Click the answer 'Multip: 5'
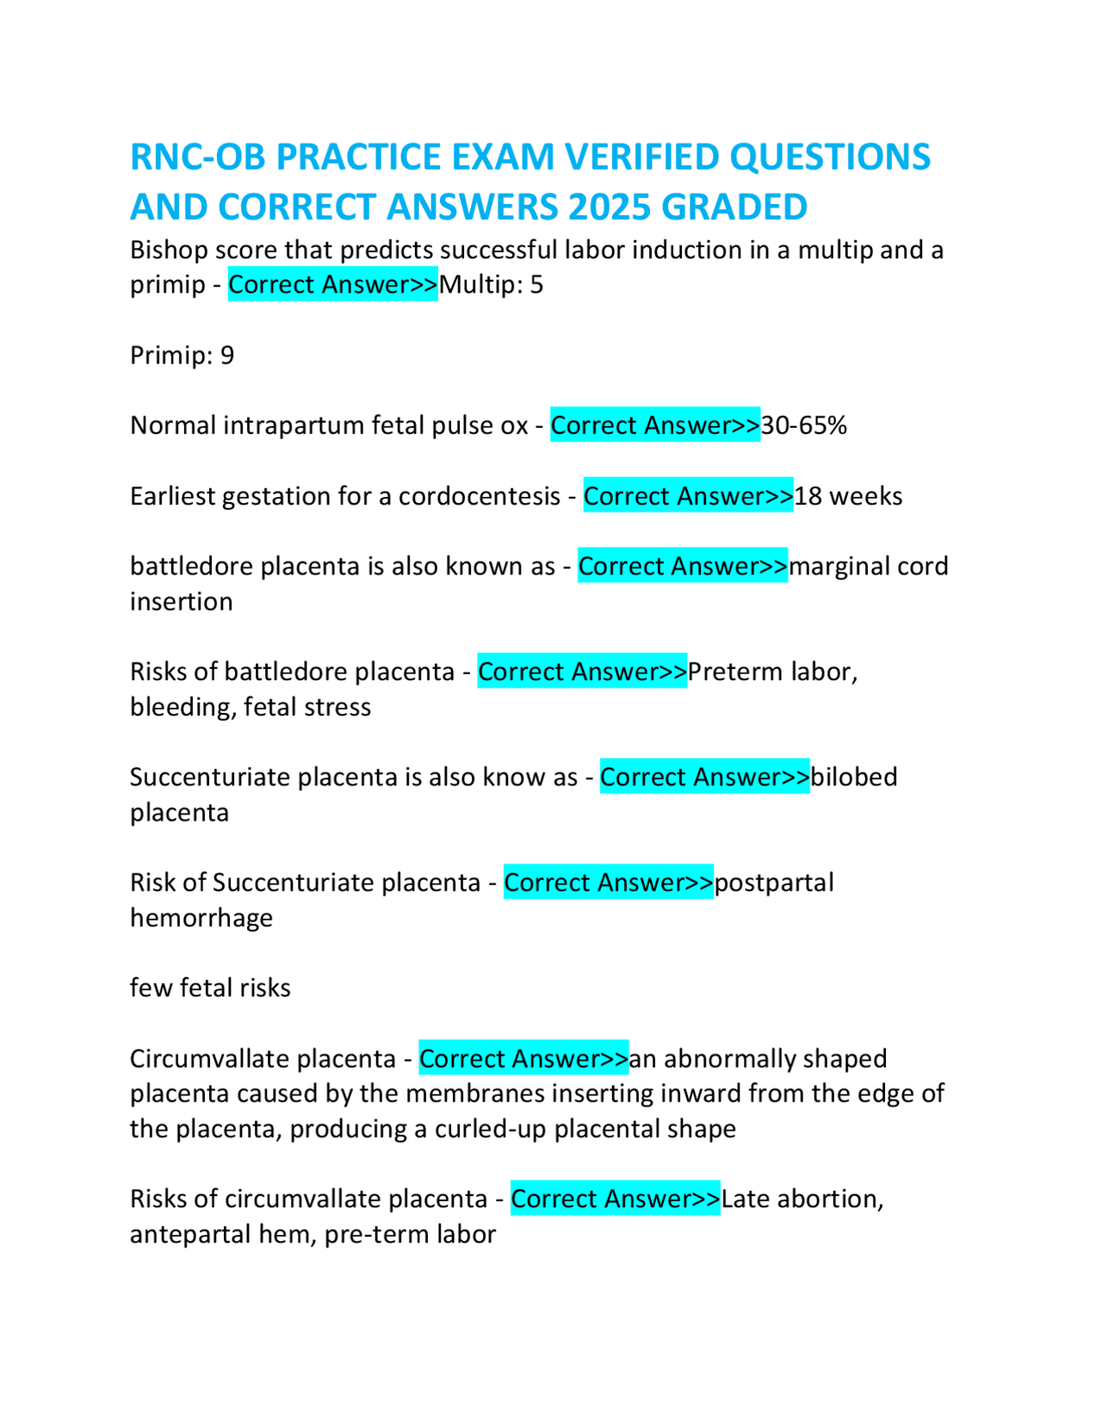tap(491, 285)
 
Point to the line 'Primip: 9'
tap(182, 356)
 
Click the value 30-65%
tap(804, 425)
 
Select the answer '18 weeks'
tap(848, 496)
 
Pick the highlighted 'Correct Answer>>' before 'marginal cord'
tap(683, 567)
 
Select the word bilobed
tap(854, 777)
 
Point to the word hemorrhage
tap(201, 918)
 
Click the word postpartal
tap(774, 883)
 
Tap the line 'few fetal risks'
tap(210, 988)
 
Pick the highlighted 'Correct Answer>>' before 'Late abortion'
tap(616, 1199)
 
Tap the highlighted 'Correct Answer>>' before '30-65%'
tap(655, 425)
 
